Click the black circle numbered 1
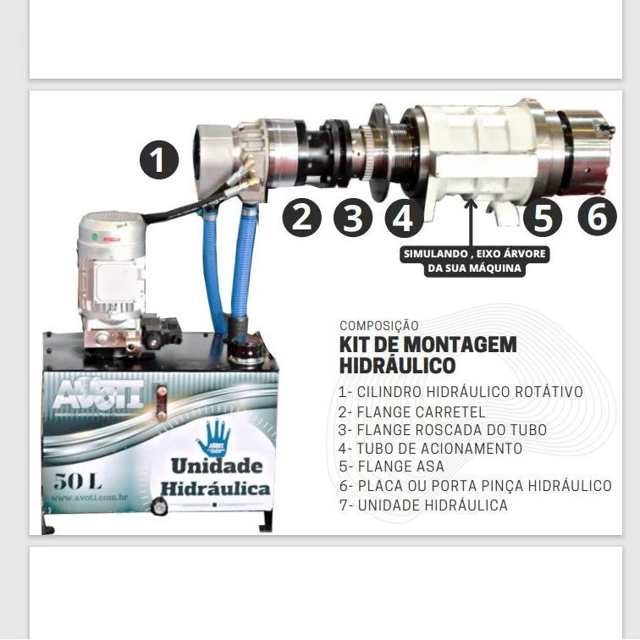(159, 159)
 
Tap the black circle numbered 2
(302, 218)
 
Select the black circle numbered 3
(353, 218)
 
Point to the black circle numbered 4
(404, 218)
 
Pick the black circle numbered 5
(543, 218)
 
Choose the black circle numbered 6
(598, 218)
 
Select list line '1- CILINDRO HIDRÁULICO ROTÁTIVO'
(460, 392)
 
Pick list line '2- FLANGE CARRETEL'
(411, 411)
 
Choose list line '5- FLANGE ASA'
(390, 467)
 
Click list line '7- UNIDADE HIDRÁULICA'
(422, 505)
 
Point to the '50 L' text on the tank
(77, 482)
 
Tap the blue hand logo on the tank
(213, 437)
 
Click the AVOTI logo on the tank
(98, 394)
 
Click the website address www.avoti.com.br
(89, 499)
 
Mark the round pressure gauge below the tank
(158, 507)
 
